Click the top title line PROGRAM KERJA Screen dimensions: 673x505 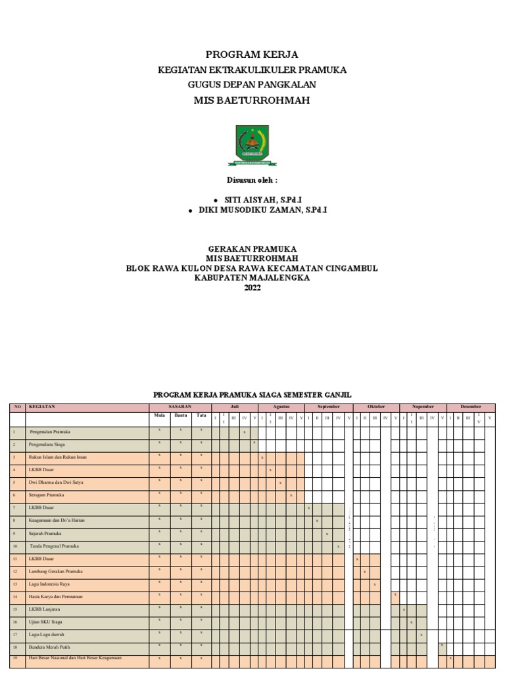click(x=252, y=55)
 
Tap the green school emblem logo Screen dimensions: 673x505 click(x=252, y=145)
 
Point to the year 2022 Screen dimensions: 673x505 click(x=252, y=287)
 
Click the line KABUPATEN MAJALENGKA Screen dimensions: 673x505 click(x=252, y=277)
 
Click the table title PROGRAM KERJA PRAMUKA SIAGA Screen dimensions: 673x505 click(x=252, y=394)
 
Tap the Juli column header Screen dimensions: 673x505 click(x=235, y=407)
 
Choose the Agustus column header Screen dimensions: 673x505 click(x=281, y=407)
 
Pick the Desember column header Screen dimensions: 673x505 click(x=471, y=407)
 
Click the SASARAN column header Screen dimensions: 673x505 click(x=180, y=407)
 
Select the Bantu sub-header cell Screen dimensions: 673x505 click(x=181, y=415)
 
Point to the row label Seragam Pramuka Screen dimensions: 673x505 click(x=46, y=494)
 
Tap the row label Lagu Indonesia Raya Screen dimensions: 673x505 click(x=49, y=584)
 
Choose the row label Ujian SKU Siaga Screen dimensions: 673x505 click(x=45, y=621)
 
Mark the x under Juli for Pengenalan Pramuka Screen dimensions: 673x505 click(x=244, y=432)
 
